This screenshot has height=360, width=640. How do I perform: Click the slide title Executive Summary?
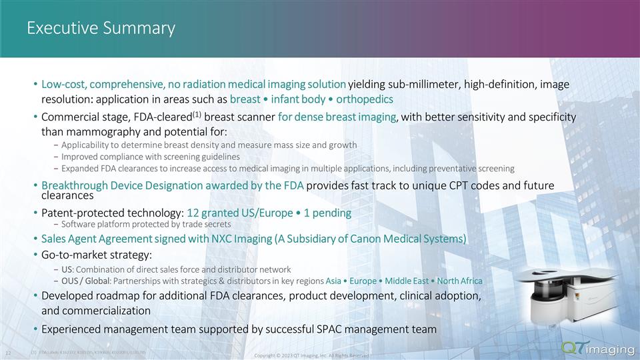[101, 28]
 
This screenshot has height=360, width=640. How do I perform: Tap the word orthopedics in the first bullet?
[365, 99]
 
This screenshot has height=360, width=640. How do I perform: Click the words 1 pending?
[330, 213]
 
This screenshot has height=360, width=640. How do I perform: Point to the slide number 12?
[9, 351]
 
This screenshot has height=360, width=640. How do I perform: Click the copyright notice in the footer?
[312, 355]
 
